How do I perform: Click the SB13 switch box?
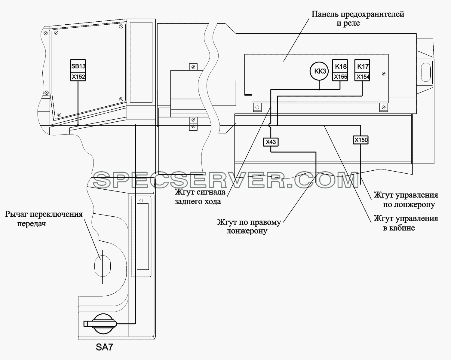pyautogui.click(x=78, y=66)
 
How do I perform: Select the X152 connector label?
pyautogui.click(x=78, y=77)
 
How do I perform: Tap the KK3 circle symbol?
pyautogui.click(x=319, y=71)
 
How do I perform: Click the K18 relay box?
pyautogui.click(x=340, y=66)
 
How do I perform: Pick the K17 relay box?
pyautogui.click(x=362, y=66)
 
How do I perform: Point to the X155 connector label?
pyautogui.click(x=340, y=77)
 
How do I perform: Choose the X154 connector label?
pyautogui.click(x=362, y=77)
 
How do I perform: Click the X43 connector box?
pyautogui.click(x=271, y=142)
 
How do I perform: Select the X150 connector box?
pyautogui.click(x=361, y=140)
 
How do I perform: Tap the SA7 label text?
pyautogui.click(x=104, y=347)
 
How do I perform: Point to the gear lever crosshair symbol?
pyautogui.click(x=103, y=266)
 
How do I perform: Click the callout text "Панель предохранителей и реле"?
pyautogui.click(x=358, y=18)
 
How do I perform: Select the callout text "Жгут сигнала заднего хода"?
pyautogui.click(x=200, y=197)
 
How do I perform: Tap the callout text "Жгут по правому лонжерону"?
pyautogui.click(x=249, y=226)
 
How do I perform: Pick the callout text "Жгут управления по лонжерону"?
pyautogui.click(x=406, y=200)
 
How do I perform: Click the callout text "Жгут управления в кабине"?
pyautogui.click(x=406, y=223)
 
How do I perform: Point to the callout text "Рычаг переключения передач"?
pyautogui.click(x=44, y=219)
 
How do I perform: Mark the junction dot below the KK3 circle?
pyautogui.click(x=319, y=90)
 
